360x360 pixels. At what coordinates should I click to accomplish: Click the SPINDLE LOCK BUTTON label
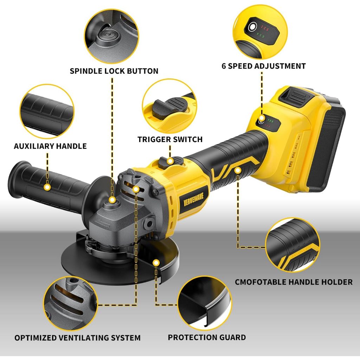click(x=114, y=71)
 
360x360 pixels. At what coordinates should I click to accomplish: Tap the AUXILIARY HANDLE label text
click(x=50, y=146)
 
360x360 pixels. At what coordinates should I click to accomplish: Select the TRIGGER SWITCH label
click(x=170, y=139)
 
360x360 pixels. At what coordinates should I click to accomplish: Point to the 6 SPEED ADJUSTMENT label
click(x=264, y=66)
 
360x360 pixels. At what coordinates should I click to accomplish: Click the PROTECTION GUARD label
click(x=207, y=337)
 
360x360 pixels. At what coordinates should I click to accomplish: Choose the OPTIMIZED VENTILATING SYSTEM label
click(x=77, y=338)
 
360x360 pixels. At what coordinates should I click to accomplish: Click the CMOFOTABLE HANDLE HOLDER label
click(x=294, y=282)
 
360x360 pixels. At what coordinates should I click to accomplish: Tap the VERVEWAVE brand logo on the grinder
click(x=193, y=199)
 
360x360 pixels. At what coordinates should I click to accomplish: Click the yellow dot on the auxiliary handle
click(x=47, y=187)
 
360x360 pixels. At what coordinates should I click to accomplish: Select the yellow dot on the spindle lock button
click(x=112, y=200)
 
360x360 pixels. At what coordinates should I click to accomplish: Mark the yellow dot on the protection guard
click(x=156, y=263)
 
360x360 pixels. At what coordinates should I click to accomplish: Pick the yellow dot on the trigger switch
click(x=170, y=161)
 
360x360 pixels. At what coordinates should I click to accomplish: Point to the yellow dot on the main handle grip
click(x=238, y=171)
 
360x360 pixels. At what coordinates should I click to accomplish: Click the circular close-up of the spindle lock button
click(x=111, y=36)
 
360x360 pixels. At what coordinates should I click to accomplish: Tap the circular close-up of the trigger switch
click(x=169, y=106)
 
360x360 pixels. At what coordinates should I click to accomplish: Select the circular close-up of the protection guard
click(x=205, y=303)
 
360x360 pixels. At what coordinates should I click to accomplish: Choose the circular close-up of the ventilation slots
click(x=71, y=303)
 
